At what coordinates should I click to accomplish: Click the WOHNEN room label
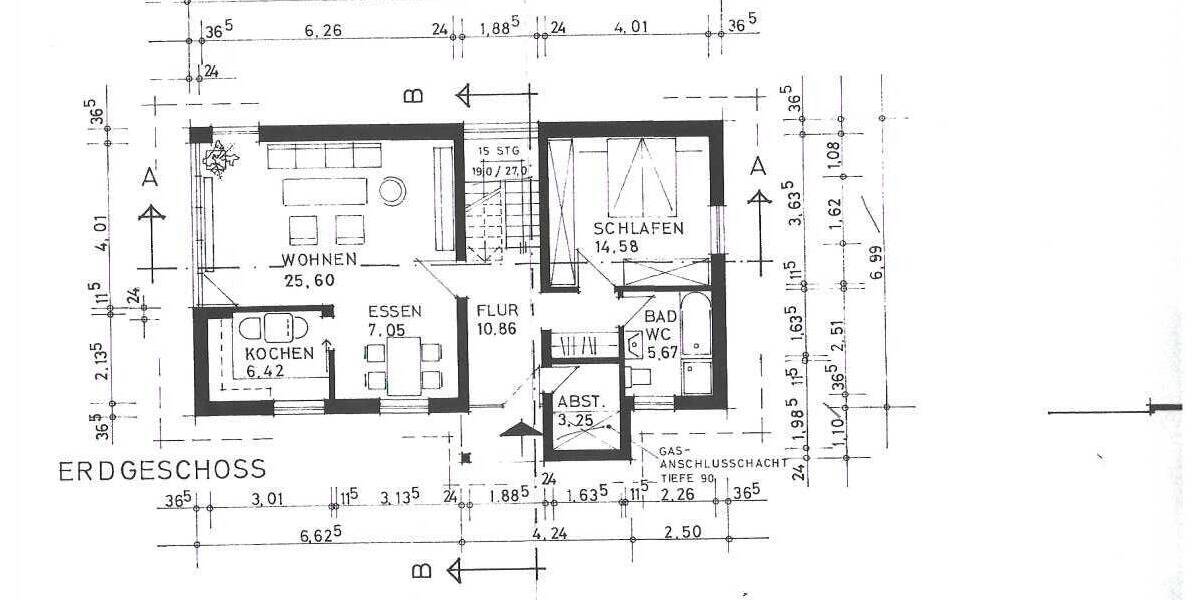point(320,260)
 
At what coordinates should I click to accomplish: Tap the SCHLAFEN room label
point(638,228)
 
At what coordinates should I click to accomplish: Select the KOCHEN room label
point(279,353)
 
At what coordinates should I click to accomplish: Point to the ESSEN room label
point(394,311)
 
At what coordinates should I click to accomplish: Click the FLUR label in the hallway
point(497,310)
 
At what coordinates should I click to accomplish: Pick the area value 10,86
point(497,329)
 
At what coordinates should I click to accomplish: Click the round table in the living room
point(392,188)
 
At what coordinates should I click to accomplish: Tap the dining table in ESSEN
point(403,366)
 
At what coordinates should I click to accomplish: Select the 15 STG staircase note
point(499,151)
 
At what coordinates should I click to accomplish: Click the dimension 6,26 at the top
point(316,31)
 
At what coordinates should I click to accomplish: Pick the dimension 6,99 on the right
point(877,262)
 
